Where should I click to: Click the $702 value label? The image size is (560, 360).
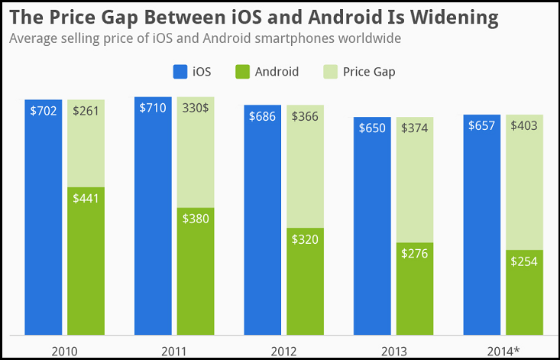[x=44, y=110]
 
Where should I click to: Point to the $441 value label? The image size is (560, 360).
[x=86, y=199]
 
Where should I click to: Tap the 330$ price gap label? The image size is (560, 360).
[x=196, y=108]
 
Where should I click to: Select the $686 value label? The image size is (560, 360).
[x=263, y=116]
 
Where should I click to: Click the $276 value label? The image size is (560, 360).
[x=416, y=253]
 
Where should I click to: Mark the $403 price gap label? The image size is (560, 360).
[x=523, y=125]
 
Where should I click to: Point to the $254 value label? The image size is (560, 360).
[x=523, y=261]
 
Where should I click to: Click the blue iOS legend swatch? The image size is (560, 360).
[x=180, y=72]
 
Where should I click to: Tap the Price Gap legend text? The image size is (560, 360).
[x=369, y=72]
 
